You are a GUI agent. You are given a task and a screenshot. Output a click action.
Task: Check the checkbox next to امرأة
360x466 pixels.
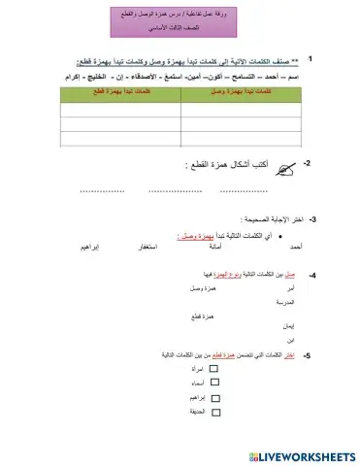[x=214, y=370]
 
